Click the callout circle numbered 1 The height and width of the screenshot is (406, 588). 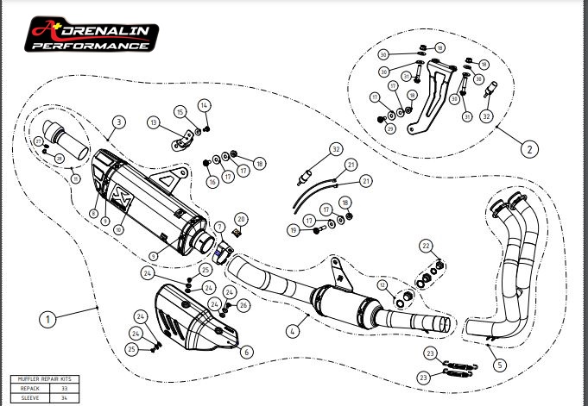click(47, 318)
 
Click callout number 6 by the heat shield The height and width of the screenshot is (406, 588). click(247, 352)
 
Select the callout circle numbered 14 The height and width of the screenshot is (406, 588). click(205, 105)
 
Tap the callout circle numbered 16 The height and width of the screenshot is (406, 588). click(212, 182)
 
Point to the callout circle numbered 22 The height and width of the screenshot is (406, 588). click(425, 247)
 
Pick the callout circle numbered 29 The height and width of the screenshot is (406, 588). click(389, 128)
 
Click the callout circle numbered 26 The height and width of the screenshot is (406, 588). click(243, 304)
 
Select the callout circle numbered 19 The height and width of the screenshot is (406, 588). click(294, 230)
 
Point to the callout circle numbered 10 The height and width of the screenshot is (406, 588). click(120, 229)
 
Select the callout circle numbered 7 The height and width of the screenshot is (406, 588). click(220, 226)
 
